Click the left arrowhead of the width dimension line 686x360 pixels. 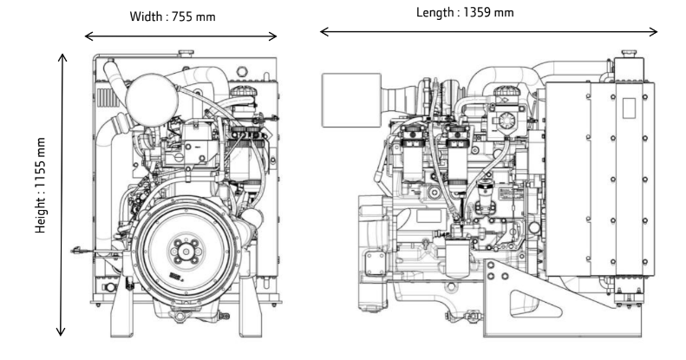coord(88,36)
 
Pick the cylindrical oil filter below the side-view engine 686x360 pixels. coord(453,260)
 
